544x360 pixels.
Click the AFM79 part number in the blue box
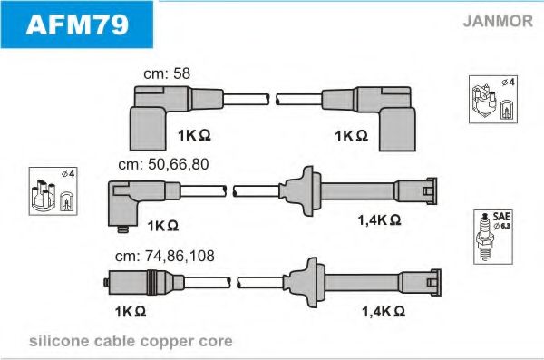tap(77, 24)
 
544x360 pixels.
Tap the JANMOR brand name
tap(498, 21)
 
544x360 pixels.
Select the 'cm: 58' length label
tap(167, 73)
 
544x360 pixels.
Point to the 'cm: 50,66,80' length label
tap(163, 164)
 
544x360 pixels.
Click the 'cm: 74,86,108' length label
tap(165, 256)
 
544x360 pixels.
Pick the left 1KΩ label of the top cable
tap(194, 135)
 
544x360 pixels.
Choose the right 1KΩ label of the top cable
tap(351, 136)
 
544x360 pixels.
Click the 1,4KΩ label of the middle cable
tap(379, 219)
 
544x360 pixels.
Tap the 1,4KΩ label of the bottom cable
tap(384, 311)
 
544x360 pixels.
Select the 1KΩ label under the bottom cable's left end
tap(131, 311)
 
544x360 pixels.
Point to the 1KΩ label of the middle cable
tap(163, 226)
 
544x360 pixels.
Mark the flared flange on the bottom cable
tap(307, 282)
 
